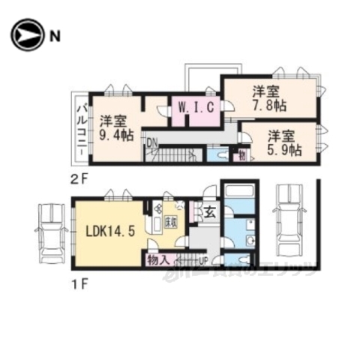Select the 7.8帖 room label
(266, 99)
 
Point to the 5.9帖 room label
(285, 142)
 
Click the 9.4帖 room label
(115, 127)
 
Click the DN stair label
(151, 140)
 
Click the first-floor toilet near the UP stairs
(233, 259)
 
